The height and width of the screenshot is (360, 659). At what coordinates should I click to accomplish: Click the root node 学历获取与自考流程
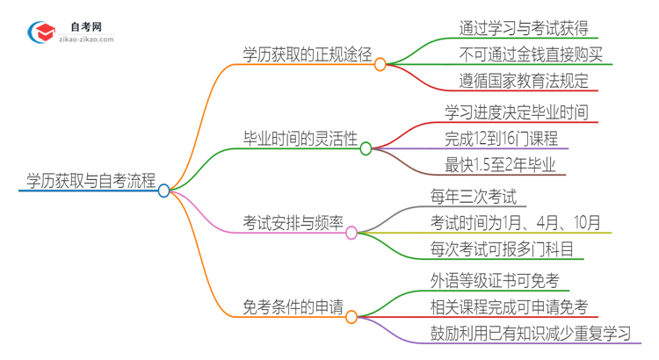[x=86, y=182]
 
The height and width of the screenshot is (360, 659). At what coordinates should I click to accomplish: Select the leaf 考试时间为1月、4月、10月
[x=516, y=222]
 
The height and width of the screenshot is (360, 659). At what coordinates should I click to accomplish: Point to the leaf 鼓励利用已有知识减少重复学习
[x=531, y=334]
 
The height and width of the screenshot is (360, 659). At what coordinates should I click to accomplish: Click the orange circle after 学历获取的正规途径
[x=380, y=64]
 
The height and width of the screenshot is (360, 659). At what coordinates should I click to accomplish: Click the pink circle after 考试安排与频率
[x=351, y=233]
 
